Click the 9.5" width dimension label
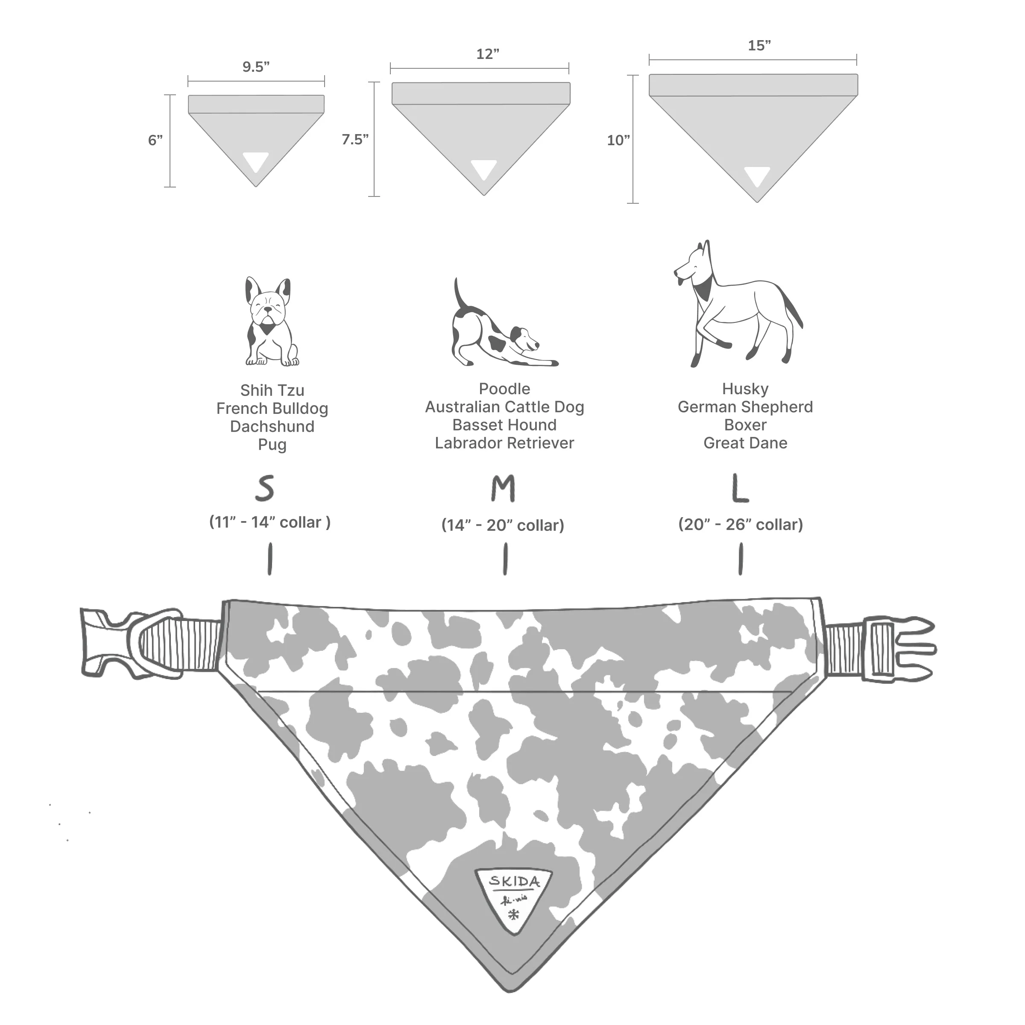pos(256,67)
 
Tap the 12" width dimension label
pos(488,54)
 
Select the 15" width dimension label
pos(759,46)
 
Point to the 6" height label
pos(155,140)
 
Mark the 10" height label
pos(618,141)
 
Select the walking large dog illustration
pos(738,307)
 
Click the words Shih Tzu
pos(272,390)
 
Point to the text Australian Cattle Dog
pos(504,407)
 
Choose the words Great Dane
pos(745,443)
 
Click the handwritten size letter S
pos(265,489)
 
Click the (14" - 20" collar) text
pos(502,525)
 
